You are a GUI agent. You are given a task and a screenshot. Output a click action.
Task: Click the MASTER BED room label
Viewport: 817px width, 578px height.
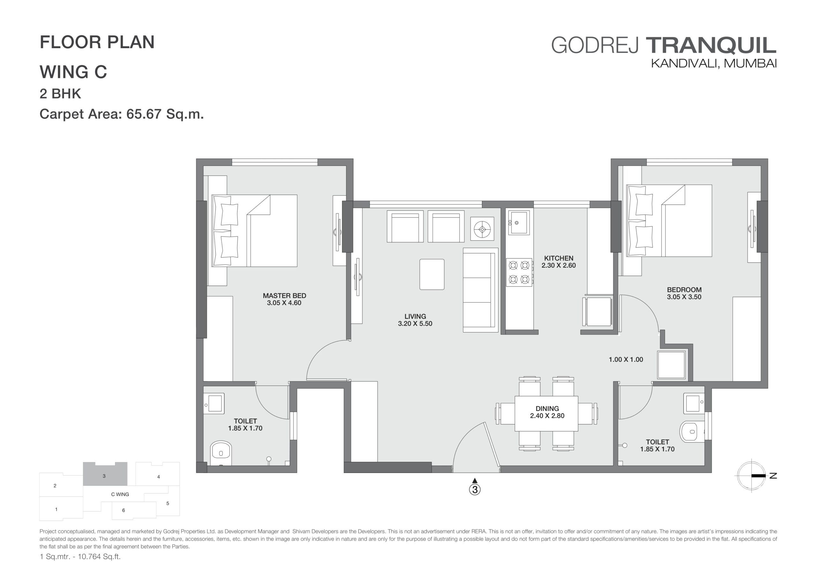(284, 299)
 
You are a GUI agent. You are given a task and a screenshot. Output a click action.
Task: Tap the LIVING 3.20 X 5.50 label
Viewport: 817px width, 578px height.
(415, 320)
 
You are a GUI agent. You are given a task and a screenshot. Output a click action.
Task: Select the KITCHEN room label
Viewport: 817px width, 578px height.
(559, 262)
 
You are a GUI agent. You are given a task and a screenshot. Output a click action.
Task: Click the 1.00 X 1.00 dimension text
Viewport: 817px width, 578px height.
(626, 360)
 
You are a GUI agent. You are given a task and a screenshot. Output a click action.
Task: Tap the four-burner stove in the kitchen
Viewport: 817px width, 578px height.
(519, 272)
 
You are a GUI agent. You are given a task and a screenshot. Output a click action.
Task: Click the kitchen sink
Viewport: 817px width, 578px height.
(519, 223)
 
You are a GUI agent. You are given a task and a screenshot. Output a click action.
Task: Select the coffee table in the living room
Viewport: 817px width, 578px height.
(432, 275)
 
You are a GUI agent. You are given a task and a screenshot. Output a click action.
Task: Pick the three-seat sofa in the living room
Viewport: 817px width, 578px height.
(480, 290)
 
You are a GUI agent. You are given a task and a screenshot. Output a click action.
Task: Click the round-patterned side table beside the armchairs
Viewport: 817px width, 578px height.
(482, 229)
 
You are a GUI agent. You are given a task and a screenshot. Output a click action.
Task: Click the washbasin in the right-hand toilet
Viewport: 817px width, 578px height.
(694, 404)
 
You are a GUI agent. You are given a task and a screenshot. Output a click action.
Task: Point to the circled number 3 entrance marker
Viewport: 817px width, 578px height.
(475, 490)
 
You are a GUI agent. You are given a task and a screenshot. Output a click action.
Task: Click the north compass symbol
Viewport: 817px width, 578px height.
(752, 475)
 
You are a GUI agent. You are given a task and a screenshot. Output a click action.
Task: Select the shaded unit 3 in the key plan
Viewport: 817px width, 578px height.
(105, 474)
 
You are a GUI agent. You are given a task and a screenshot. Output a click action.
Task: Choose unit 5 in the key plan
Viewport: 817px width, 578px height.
(168, 503)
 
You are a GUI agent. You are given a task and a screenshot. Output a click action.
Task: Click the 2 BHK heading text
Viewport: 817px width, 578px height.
(61, 94)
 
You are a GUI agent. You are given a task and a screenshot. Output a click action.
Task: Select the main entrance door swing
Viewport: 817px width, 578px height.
(476, 448)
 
